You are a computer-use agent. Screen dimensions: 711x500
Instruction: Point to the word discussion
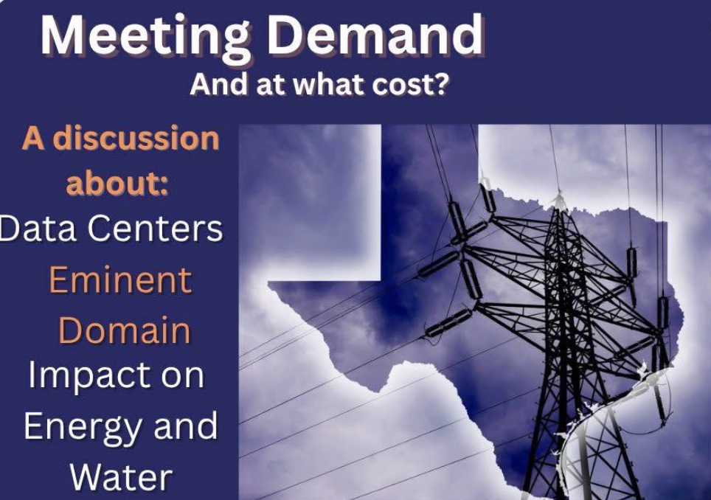(136, 138)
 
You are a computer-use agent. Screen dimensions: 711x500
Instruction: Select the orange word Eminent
(120, 279)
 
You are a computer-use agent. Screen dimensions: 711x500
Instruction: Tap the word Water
(121, 477)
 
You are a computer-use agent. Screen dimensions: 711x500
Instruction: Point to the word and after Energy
(186, 426)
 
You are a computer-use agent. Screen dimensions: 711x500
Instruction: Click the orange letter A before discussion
(33, 138)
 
